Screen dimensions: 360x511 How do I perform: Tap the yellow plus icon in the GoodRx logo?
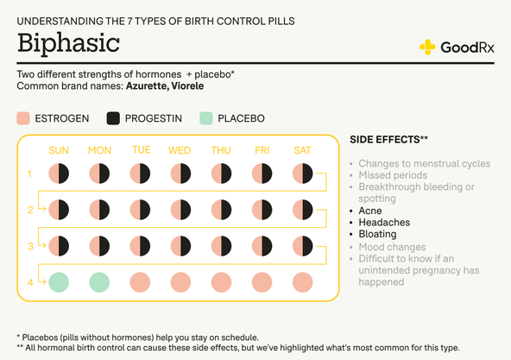pyautogui.click(x=427, y=47)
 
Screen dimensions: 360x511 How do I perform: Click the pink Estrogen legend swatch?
pyautogui.click(x=24, y=118)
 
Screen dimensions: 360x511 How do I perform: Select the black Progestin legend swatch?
pyautogui.click(x=113, y=118)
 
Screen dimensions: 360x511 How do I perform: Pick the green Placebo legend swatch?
pyautogui.click(x=205, y=118)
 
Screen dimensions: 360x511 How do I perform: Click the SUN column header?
pyautogui.click(x=59, y=150)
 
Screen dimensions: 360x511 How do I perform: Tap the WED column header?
pyautogui.click(x=180, y=150)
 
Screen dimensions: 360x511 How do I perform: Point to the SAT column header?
pyautogui.click(x=302, y=150)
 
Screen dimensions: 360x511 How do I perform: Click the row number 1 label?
pyautogui.click(x=29, y=174)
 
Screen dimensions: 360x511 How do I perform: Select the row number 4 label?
pyautogui.click(x=29, y=281)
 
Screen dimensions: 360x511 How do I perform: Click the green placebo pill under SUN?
pyautogui.click(x=59, y=281)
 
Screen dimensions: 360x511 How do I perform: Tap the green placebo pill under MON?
pyautogui.click(x=99, y=281)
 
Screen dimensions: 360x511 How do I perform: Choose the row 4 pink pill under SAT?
pyautogui.click(x=302, y=281)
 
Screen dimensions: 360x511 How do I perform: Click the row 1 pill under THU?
pyautogui.click(x=221, y=174)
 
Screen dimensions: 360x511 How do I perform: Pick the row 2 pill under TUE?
pyautogui.click(x=141, y=210)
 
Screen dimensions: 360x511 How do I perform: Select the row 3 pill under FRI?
pyautogui.click(x=262, y=246)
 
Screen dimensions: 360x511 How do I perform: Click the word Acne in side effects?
pyautogui.click(x=370, y=211)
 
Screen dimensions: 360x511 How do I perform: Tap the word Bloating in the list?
pyautogui.click(x=377, y=234)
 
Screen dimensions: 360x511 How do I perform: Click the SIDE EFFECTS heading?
pyautogui.click(x=388, y=139)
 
